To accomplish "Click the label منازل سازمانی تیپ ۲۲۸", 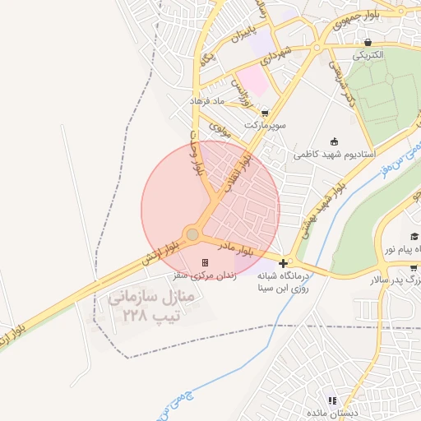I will [x=150, y=306].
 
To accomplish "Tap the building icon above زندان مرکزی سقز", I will [x=204, y=262].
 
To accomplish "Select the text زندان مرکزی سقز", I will [x=203, y=276].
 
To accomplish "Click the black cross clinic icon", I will [x=284, y=264].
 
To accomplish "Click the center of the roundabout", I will [x=192, y=235].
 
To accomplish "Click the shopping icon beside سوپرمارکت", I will [x=263, y=113].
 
